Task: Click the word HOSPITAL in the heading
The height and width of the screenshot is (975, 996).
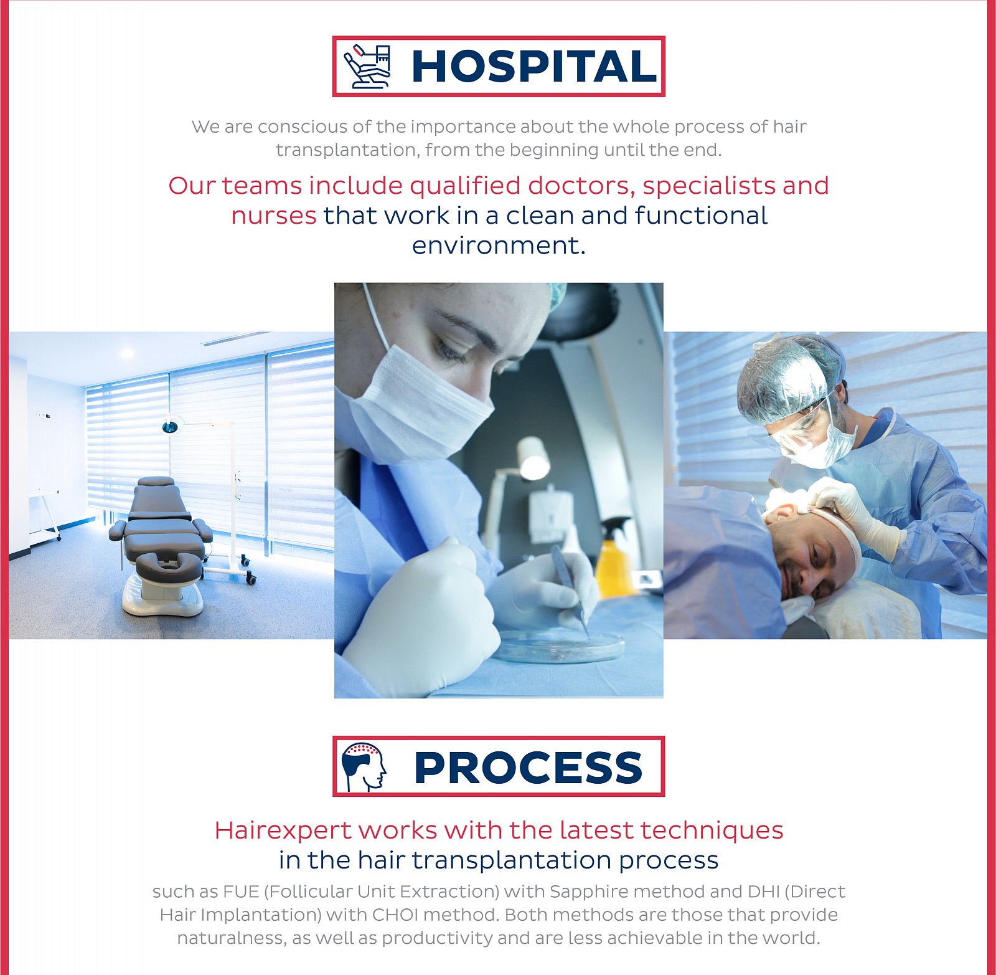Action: [534, 66]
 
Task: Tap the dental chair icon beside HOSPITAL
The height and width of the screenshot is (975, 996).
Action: [368, 66]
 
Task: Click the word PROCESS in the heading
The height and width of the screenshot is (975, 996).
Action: [528, 767]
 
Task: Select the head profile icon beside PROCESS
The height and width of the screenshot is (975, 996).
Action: [364, 767]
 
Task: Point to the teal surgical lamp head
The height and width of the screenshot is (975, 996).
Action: [169, 427]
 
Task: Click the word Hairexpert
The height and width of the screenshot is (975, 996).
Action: [283, 830]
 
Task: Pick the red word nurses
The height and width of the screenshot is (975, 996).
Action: [274, 216]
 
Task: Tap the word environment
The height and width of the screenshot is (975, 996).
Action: [499, 245]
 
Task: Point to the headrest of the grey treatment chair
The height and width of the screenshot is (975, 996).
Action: [156, 482]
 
